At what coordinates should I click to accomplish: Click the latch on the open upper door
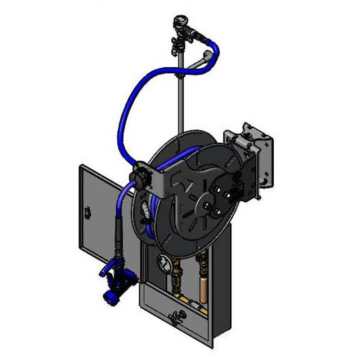87,212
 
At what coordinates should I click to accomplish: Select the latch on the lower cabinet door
176,316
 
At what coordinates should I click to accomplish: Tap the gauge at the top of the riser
179,20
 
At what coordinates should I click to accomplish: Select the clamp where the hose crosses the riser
179,76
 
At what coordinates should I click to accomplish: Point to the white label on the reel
145,211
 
